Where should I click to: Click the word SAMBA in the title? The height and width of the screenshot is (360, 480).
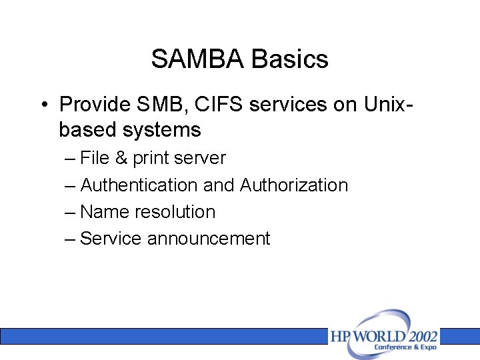(x=198, y=59)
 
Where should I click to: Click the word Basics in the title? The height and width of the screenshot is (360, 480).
(x=290, y=59)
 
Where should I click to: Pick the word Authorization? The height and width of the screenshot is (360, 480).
(x=294, y=185)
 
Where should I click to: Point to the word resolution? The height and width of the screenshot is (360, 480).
(x=175, y=212)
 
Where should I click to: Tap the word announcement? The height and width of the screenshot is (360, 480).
(x=209, y=239)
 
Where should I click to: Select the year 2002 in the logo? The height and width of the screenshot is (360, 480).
(x=418, y=335)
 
